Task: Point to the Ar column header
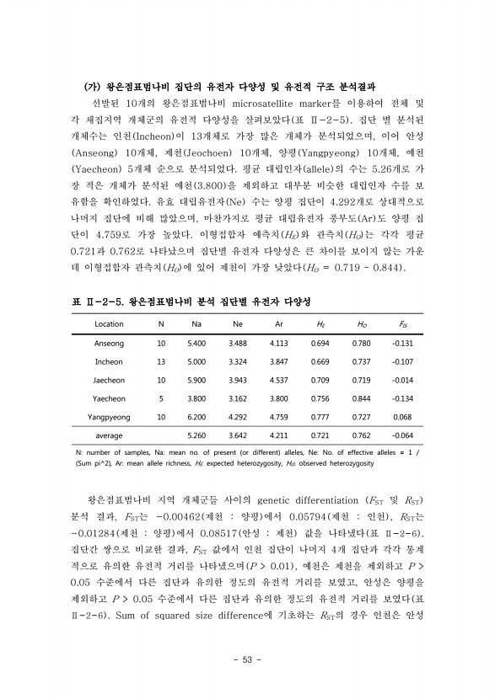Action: click(278, 323)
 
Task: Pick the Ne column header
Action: click(237, 323)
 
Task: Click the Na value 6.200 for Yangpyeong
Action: click(196, 417)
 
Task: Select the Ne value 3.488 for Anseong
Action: click(237, 343)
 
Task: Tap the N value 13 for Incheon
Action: click(161, 361)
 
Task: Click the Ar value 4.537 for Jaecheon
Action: click(278, 380)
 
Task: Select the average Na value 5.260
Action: click(196, 436)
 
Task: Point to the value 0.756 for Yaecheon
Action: click(320, 398)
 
